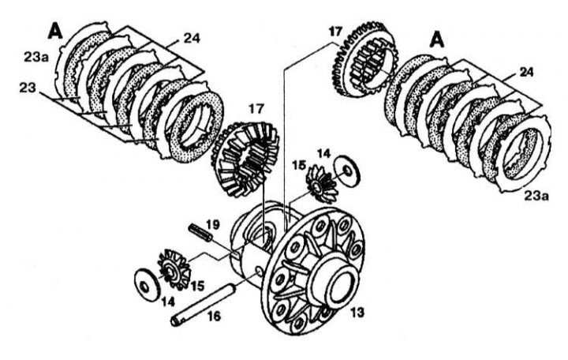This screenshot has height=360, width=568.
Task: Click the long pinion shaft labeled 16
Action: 206,303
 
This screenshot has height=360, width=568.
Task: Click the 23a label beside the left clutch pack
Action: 34,56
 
